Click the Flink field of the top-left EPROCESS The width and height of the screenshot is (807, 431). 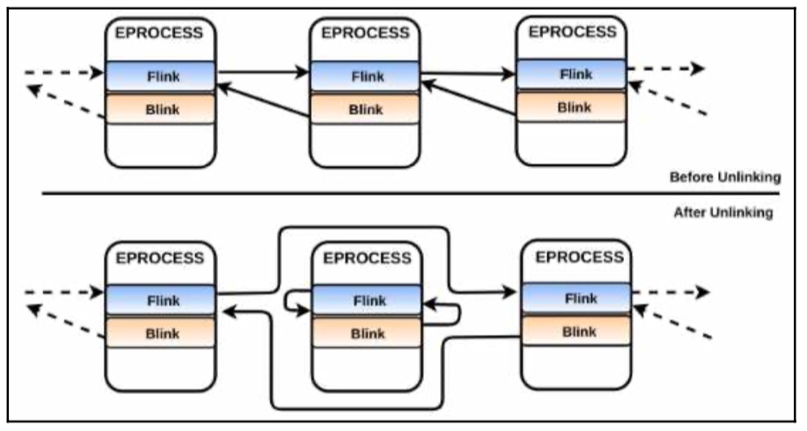point(161,76)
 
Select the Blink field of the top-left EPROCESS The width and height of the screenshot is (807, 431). point(161,109)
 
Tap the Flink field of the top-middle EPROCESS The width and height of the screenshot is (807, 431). point(365,76)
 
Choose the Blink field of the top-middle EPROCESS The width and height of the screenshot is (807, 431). point(365,109)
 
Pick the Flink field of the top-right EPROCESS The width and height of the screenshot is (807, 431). point(571,74)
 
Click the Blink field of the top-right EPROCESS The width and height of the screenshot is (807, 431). point(571,106)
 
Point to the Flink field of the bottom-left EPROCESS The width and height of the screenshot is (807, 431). point(161,300)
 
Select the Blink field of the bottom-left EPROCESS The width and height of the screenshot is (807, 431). point(161,333)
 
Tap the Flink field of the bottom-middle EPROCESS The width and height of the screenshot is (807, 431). point(367,300)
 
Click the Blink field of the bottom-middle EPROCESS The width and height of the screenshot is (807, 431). point(367,333)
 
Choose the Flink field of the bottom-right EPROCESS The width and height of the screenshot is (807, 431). point(577,298)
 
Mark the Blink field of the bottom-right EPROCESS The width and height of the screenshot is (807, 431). point(577,331)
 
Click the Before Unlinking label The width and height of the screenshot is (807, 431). point(725,177)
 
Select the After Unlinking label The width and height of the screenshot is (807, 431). point(724,212)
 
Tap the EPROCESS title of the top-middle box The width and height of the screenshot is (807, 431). point(365,33)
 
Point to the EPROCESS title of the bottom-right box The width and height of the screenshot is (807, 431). point(579,256)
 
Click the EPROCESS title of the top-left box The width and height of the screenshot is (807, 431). point(159,33)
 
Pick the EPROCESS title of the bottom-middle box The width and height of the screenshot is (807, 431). point(367,258)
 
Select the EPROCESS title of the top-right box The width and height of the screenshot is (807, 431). point(573,31)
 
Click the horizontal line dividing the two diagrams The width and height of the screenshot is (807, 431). point(411,193)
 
